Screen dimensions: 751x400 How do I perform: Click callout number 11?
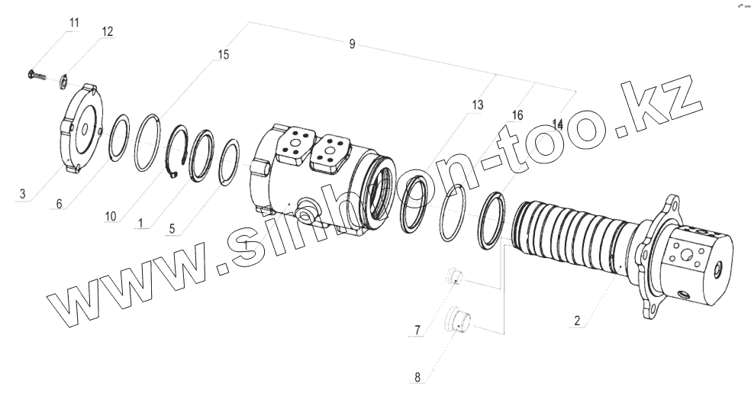(x=74, y=22)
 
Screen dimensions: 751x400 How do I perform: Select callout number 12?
(x=108, y=31)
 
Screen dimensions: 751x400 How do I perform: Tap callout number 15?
(x=223, y=55)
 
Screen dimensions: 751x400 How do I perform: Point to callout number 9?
(x=352, y=44)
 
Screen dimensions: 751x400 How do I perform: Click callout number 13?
(x=478, y=105)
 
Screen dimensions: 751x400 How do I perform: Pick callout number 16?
(x=517, y=115)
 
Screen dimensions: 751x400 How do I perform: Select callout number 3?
(x=22, y=194)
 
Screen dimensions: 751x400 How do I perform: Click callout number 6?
(x=59, y=204)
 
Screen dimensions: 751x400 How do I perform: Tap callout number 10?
(x=111, y=217)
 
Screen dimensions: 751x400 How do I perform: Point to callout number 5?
(x=172, y=228)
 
